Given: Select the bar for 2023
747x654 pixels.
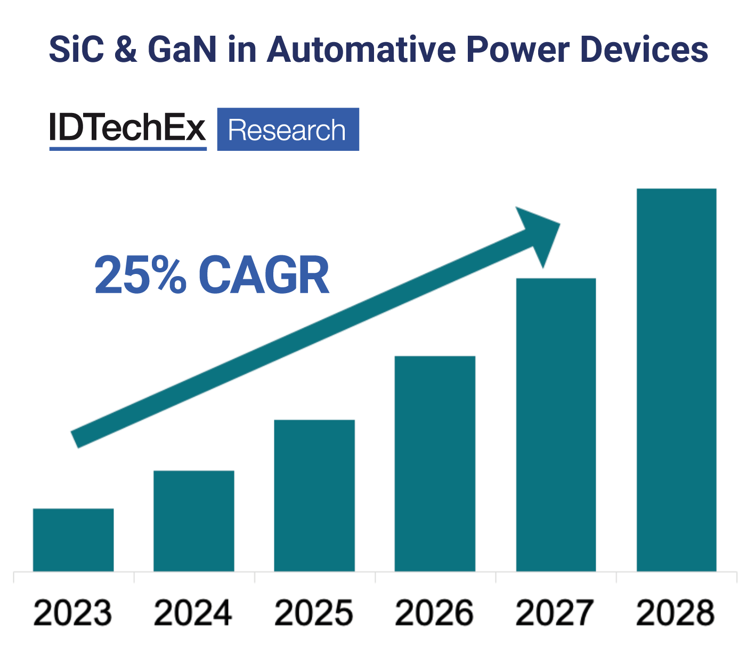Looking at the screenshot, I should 73,539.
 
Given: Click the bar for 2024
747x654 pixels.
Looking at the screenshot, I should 193,521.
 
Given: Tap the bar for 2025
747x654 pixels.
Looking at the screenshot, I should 314,495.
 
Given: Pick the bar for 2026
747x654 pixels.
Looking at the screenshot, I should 435,463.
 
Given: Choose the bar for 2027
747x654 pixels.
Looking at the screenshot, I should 556,424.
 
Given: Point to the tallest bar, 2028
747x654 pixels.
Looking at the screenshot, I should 676,380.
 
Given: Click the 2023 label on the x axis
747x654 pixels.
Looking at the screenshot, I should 73,613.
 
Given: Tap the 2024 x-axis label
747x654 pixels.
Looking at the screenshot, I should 193,613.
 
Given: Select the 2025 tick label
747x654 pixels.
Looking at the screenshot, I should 314,613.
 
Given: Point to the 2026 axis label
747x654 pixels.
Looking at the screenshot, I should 435,613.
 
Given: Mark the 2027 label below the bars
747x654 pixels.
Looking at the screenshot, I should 555,613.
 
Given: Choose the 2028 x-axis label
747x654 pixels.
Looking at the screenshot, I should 676,613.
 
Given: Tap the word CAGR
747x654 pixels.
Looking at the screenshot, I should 264,276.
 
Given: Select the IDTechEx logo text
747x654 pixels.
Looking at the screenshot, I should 127,128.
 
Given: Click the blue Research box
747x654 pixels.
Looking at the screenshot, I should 288,130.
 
